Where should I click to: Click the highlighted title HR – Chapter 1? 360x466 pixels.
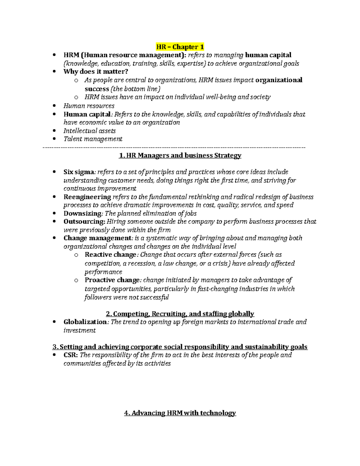click(180, 47)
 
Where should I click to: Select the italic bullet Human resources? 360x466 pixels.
click(89, 106)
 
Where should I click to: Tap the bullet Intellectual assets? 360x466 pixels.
click(89, 131)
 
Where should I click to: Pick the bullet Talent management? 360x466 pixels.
click(93, 139)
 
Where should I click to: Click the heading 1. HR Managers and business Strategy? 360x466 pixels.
click(180, 155)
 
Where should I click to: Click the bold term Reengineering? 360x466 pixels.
click(87, 197)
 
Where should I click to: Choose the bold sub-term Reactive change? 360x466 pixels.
click(111, 255)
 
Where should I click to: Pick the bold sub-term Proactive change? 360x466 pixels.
click(112, 280)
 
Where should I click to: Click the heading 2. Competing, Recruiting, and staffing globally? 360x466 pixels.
click(180, 314)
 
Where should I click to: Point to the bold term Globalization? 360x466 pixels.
click(85, 322)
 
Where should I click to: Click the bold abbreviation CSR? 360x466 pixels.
click(71, 355)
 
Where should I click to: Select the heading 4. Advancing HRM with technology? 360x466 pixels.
click(180, 413)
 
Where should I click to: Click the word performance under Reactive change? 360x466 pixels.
click(103, 272)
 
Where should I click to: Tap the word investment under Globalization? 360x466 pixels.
click(79, 330)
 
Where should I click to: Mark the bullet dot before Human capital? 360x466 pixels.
click(54, 114)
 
